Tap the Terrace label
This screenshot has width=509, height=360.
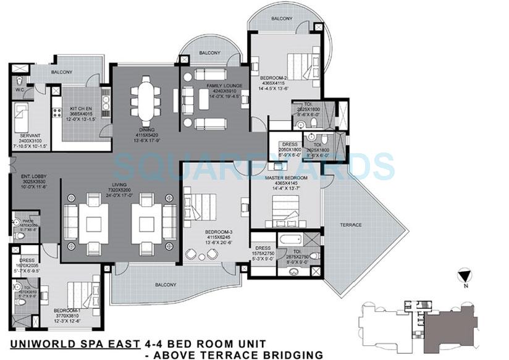350,225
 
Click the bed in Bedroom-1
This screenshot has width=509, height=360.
80,291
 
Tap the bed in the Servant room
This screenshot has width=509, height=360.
23,117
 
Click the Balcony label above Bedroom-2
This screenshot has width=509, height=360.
282,19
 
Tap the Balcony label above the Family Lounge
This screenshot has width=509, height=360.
209,53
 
